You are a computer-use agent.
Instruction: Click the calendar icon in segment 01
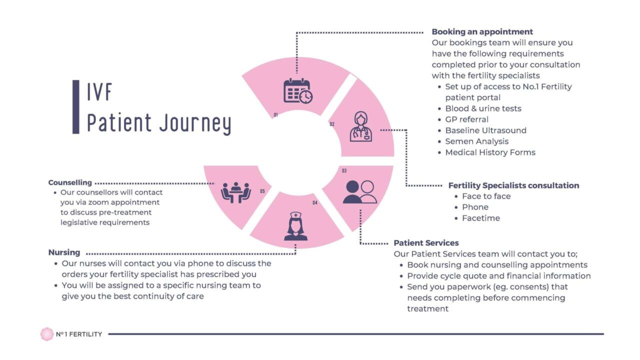[x=298, y=91]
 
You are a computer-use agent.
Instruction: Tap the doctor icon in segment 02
[x=360, y=127]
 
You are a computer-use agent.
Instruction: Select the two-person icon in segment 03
[x=359, y=192]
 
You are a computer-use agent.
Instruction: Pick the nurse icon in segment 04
[x=295, y=226]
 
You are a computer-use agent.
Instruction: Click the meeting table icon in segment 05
[x=235, y=192]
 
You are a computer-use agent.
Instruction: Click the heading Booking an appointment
[x=482, y=32]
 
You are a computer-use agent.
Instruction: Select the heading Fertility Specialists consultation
[x=513, y=185]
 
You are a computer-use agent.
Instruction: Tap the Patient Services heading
[x=426, y=243]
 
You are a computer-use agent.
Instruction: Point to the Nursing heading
[x=64, y=252]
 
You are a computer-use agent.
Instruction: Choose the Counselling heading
[x=70, y=182]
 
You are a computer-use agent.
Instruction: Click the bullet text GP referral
[x=466, y=119]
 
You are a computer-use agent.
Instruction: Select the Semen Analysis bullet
[x=476, y=141]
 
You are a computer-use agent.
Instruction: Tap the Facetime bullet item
[x=480, y=218]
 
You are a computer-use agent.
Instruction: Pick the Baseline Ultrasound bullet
[x=485, y=130]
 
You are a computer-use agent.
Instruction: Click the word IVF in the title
[x=99, y=92]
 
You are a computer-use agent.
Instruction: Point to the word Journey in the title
[x=195, y=123]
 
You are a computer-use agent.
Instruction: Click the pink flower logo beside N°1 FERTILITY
[x=47, y=334]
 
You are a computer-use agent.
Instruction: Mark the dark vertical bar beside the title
[x=75, y=107]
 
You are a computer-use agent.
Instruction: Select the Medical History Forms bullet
[x=490, y=152]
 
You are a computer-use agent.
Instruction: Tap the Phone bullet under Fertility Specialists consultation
[x=475, y=207]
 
